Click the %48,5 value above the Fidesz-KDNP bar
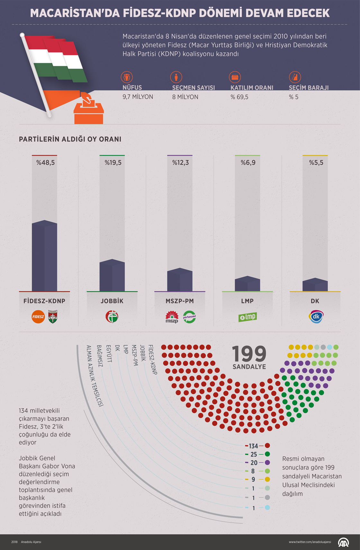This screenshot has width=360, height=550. pos(45,163)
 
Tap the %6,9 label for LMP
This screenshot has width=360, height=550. pos(248,163)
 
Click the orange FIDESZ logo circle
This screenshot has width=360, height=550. pos(38,317)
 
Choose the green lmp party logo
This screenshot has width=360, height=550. pos(248,317)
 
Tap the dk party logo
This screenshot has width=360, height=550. pos(316,317)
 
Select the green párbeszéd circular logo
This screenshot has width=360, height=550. pos(189,317)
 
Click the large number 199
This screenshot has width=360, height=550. pos(249,354)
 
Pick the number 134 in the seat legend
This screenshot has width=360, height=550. pos(253,446)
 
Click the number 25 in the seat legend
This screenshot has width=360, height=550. pos(254,454)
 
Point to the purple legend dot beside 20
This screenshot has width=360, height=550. pos(267,463)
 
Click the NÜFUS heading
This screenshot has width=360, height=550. pos(132,87)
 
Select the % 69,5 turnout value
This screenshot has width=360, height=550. pos(239,97)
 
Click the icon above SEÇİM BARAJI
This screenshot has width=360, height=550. pos(295,77)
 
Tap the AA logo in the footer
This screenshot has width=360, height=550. pos(343,542)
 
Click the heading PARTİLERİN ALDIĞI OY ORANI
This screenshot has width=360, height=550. pos(70,139)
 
